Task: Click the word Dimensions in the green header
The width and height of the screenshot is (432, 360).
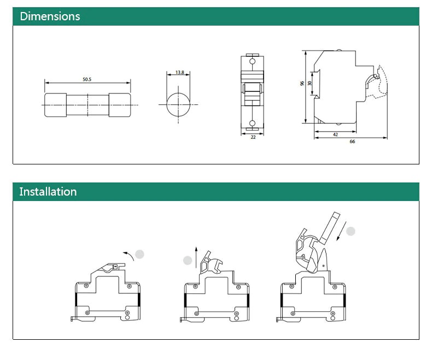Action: click(50, 16)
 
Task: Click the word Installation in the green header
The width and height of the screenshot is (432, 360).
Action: click(48, 192)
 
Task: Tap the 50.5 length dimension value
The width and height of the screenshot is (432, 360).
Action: click(87, 79)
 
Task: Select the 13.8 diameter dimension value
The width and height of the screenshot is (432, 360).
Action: click(179, 73)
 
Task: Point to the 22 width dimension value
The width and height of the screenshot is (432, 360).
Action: click(253, 137)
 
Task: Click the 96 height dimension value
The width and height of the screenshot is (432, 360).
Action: click(302, 84)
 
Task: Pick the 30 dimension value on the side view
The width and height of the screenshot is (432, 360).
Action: click(310, 84)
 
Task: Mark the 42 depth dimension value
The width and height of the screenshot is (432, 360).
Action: click(335, 133)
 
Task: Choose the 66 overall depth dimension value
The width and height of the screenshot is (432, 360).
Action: click(352, 141)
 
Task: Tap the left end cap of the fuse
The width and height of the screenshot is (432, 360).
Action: click(55, 104)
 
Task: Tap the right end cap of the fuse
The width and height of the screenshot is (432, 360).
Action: click(120, 104)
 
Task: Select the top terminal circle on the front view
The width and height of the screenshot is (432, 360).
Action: click(252, 61)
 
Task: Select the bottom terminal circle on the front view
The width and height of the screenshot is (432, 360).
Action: click(252, 123)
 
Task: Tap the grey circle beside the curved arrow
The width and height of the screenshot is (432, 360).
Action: click(140, 254)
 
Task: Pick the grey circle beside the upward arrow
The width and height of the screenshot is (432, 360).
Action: click(188, 261)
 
